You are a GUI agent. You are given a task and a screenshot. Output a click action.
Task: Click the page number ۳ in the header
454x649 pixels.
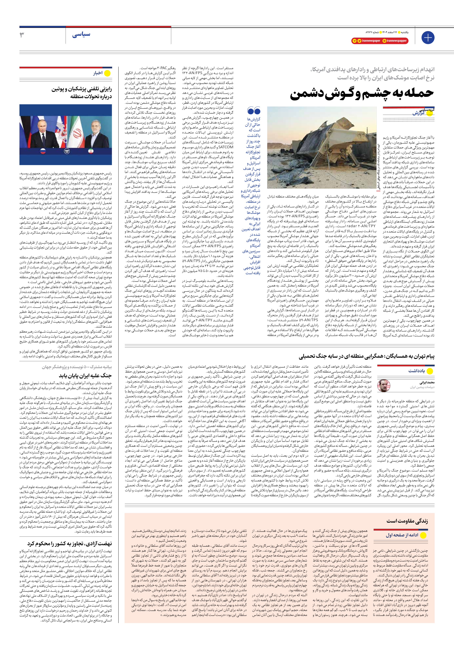[x=22, y=35]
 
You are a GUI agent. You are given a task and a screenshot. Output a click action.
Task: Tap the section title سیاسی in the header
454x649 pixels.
[x=81, y=35]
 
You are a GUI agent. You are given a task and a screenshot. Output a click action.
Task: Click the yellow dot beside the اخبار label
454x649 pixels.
[x=107, y=73]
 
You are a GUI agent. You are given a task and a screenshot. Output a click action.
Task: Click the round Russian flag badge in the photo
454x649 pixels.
[x=44, y=151]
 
